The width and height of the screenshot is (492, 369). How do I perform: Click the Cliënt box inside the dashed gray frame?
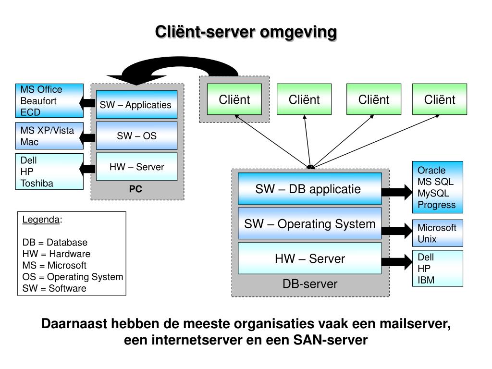[x=234, y=99]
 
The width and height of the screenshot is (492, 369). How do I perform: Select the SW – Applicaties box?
[x=136, y=104]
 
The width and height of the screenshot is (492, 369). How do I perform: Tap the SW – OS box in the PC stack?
[x=136, y=135]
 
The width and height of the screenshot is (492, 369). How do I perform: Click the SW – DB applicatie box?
[x=310, y=188]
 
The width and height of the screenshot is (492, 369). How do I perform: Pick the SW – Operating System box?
[x=310, y=223]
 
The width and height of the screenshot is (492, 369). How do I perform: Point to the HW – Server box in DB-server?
[x=310, y=258]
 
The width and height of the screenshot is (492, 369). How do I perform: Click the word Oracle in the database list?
[x=431, y=171]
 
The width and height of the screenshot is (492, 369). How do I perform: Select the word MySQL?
[x=433, y=193]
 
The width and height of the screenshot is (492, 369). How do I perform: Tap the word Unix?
[x=427, y=239]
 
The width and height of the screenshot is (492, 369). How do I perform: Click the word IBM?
[x=426, y=280]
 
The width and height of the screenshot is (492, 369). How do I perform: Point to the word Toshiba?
[x=37, y=183]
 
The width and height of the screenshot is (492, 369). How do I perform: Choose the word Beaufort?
[x=38, y=101]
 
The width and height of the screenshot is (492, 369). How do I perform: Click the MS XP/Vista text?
[x=47, y=130]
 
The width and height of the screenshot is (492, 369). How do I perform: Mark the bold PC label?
[x=135, y=189]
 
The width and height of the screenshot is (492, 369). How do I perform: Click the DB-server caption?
[x=310, y=284]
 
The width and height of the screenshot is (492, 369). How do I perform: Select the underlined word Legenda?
[x=41, y=220]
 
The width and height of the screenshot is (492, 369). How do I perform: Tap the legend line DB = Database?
[x=55, y=242]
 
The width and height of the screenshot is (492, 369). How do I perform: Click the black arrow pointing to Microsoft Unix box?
[x=397, y=231]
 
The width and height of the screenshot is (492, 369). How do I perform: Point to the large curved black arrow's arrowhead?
[x=136, y=80]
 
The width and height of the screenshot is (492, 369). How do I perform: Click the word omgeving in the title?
[x=298, y=33]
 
